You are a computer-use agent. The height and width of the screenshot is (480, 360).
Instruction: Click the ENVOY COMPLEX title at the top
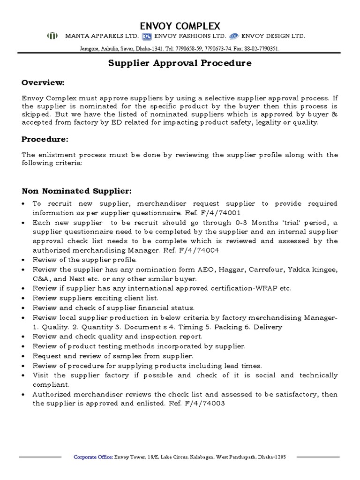(180, 25)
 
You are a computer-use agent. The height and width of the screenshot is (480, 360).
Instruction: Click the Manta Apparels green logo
(52, 36)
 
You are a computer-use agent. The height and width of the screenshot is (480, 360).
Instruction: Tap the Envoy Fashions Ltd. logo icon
(147, 36)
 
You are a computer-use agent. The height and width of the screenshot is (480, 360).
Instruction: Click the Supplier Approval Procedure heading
(180, 63)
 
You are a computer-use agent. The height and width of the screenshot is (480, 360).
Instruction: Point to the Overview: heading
(43, 83)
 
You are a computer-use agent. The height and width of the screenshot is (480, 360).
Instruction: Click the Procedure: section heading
(45, 139)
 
